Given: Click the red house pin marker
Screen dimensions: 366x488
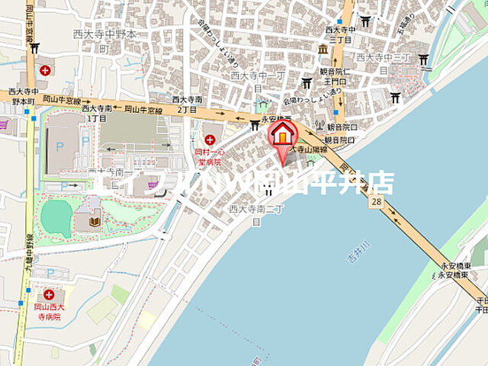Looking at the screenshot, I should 283,136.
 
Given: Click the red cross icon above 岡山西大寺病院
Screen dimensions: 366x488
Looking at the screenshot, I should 50,294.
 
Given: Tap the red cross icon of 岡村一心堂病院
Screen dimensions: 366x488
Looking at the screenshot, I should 210,140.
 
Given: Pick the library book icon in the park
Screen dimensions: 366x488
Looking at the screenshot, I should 95,222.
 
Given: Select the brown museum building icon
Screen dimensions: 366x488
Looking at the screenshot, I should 323,50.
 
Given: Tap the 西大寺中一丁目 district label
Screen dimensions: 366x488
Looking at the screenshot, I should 257,76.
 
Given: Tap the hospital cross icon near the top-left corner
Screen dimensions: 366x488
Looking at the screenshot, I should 45,69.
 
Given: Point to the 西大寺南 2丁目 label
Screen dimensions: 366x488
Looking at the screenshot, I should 187,104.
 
